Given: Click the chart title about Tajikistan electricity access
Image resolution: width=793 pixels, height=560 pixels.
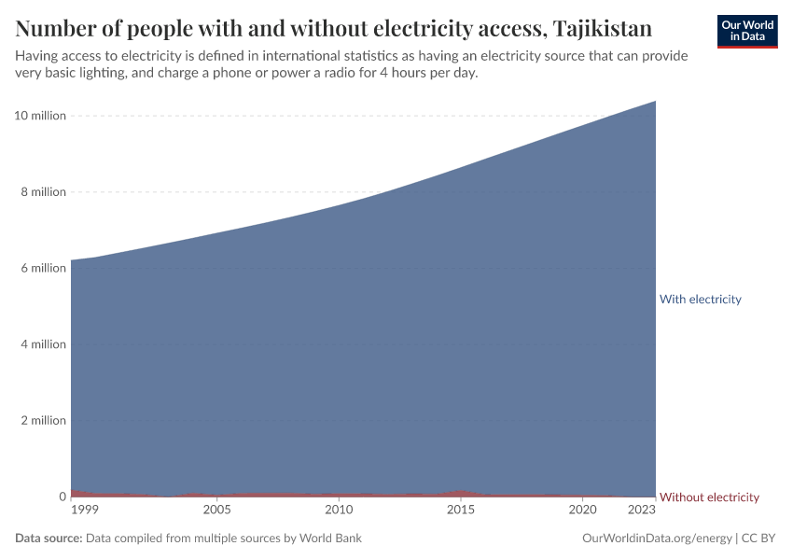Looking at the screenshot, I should coord(333,27).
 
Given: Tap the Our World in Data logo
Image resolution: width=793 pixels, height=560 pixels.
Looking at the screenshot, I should coord(747,31).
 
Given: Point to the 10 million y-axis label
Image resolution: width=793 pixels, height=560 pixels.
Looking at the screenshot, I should coord(40,116).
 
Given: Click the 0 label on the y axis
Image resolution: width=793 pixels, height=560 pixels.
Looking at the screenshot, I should coord(62,497).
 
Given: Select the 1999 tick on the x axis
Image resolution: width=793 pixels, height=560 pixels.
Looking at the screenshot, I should coord(84,511).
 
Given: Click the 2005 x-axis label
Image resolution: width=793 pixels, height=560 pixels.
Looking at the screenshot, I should coord(216,511).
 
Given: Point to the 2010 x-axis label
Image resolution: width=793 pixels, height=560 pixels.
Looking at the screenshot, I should coord(339,511).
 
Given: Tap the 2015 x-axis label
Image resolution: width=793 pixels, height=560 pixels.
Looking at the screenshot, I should coord(460,511).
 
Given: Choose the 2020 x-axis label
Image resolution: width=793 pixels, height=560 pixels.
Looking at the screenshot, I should coord(582,511).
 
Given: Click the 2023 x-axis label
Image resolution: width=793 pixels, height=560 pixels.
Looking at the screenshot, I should coord(642,511).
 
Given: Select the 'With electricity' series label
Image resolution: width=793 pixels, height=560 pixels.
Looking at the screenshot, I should coord(700,300).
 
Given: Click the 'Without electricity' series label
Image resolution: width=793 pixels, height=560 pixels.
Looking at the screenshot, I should coord(709,497).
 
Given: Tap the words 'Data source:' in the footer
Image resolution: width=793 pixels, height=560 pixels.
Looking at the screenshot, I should coord(49,539).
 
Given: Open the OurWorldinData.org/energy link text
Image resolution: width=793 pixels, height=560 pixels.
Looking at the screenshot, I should coord(656,539).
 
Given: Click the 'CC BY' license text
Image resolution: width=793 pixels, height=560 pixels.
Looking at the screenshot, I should coord(759,539).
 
